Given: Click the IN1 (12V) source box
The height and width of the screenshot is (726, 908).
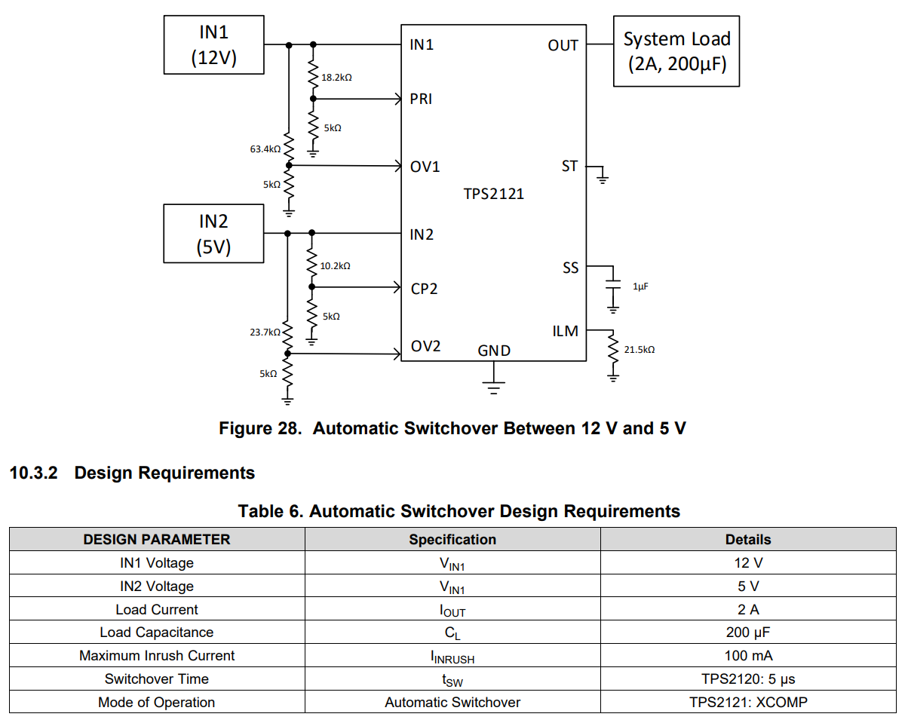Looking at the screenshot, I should (213, 45).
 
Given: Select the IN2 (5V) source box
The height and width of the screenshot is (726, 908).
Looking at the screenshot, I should (213, 234).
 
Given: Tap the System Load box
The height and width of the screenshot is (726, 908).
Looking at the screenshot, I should (676, 51).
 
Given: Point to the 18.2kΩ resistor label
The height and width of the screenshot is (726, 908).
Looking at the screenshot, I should (336, 78).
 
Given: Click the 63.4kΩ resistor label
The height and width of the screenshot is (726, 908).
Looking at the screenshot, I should (265, 149).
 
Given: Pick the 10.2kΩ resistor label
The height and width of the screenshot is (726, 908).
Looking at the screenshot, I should (335, 266).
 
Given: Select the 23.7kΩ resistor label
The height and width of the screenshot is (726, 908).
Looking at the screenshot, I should (265, 332).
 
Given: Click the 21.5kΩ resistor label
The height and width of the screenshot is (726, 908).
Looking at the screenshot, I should (640, 350).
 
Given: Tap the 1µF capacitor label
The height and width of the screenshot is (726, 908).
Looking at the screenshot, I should (640, 287).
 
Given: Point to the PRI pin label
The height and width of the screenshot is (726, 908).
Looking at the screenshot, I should (421, 99).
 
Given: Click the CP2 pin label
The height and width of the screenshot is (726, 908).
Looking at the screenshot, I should (424, 289).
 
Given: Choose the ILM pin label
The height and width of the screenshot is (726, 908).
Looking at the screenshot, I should (566, 331).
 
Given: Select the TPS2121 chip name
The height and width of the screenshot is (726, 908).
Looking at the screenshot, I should (493, 194).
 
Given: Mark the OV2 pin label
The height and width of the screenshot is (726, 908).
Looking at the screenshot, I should (425, 347).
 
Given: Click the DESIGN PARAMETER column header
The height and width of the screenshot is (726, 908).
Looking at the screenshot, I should (157, 540).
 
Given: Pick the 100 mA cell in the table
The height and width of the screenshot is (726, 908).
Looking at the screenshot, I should (748, 656).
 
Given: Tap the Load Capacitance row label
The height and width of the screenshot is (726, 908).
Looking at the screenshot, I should (157, 633).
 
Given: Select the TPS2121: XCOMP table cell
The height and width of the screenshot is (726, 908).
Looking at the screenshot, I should (748, 703).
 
